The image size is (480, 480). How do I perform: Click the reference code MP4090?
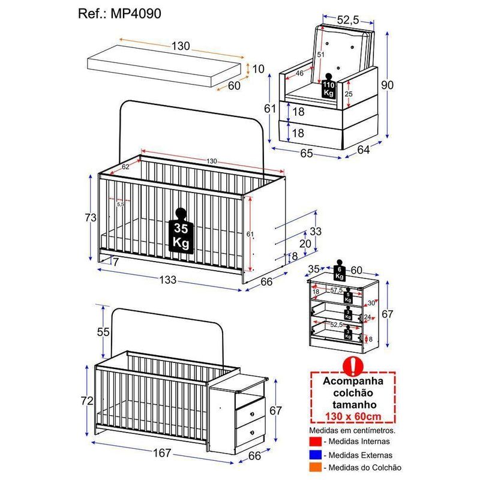pyautogui.click(x=136, y=13)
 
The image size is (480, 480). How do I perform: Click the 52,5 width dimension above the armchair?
pyautogui.click(x=349, y=20)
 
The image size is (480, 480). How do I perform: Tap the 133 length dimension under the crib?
pyautogui.click(x=167, y=279)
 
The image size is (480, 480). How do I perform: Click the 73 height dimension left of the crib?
pyautogui.click(x=90, y=218)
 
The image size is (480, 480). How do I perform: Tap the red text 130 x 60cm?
pyautogui.click(x=353, y=417)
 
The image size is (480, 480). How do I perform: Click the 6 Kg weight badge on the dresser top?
pyautogui.click(x=339, y=272)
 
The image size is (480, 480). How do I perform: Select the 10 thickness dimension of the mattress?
pyautogui.click(x=259, y=69)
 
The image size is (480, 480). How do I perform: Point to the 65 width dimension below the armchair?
pyautogui.click(x=307, y=154)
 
